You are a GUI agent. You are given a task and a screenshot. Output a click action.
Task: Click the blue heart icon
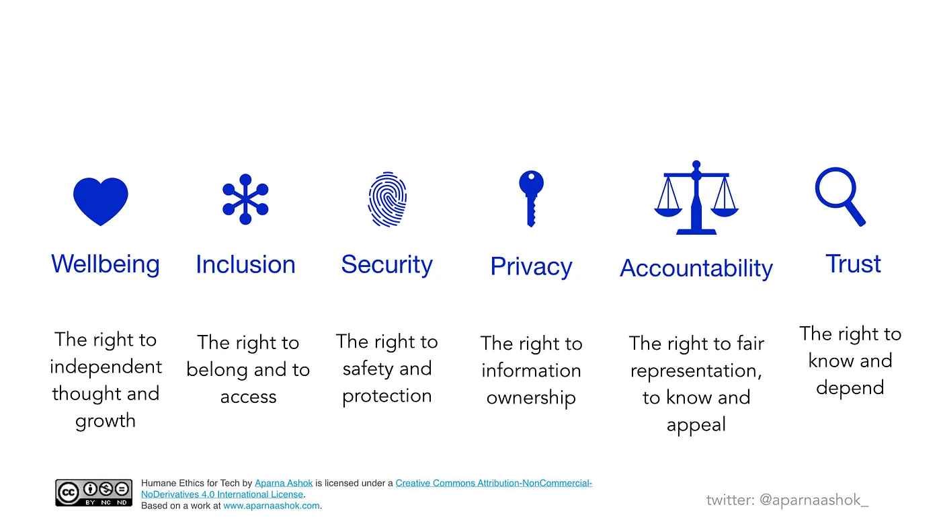tap(100, 201)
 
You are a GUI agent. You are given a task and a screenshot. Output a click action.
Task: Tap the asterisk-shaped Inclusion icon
tap(245, 199)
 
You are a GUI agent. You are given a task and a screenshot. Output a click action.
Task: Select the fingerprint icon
tap(387, 200)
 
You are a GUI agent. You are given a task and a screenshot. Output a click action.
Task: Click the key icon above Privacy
tap(531, 198)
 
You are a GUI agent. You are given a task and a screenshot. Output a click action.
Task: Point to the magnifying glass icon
tap(840, 196)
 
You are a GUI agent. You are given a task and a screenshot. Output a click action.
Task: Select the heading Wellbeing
tap(106, 264)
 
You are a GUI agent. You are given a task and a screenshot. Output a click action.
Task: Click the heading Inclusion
tap(246, 264)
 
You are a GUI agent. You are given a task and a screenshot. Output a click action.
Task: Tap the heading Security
tap(387, 265)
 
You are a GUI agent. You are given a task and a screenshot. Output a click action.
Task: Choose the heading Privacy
tap(532, 266)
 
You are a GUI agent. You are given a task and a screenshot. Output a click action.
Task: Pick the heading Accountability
tap(696, 268)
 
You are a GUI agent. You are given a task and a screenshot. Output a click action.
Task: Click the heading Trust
tap(853, 264)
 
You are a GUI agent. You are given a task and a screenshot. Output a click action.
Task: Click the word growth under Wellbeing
tap(106, 421)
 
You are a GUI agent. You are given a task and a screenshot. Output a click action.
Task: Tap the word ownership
tap(531, 397)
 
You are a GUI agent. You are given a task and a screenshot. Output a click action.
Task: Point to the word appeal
tap(696, 424)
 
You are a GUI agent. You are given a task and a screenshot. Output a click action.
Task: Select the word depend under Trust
tap(850, 387)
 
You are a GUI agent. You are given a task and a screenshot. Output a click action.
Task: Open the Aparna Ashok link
tap(284, 484)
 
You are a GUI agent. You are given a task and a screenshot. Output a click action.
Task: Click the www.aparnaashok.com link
tap(272, 506)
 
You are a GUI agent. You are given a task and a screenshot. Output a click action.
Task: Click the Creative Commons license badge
tap(93, 492)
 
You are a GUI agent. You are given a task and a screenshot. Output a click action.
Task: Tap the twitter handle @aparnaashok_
tap(814, 500)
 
